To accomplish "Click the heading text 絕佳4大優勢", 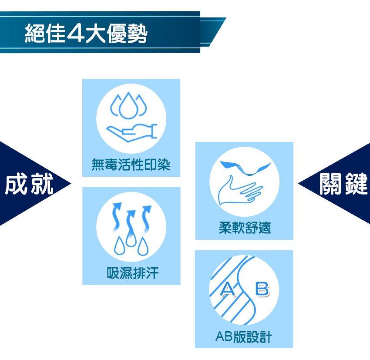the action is tap(86, 34).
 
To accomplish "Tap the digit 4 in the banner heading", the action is tap(75, 33).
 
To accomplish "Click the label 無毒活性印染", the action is tap(131, 165).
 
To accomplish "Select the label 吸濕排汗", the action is tap(132, 273).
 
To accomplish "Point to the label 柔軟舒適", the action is tap(245, 228).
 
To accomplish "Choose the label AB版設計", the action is tap(244, 336).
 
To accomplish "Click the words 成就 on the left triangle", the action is tap(29, 184).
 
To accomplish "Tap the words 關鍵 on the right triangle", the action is tap(343, 184).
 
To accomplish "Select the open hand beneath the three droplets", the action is tap(131, 133).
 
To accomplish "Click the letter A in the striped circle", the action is tap(228, 289).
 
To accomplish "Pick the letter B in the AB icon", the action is tap(262, 289).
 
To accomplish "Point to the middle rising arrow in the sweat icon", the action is tap(131, 222).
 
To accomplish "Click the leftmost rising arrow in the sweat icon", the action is tap(117, 216).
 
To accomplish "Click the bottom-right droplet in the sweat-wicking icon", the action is tap(143, 246).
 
